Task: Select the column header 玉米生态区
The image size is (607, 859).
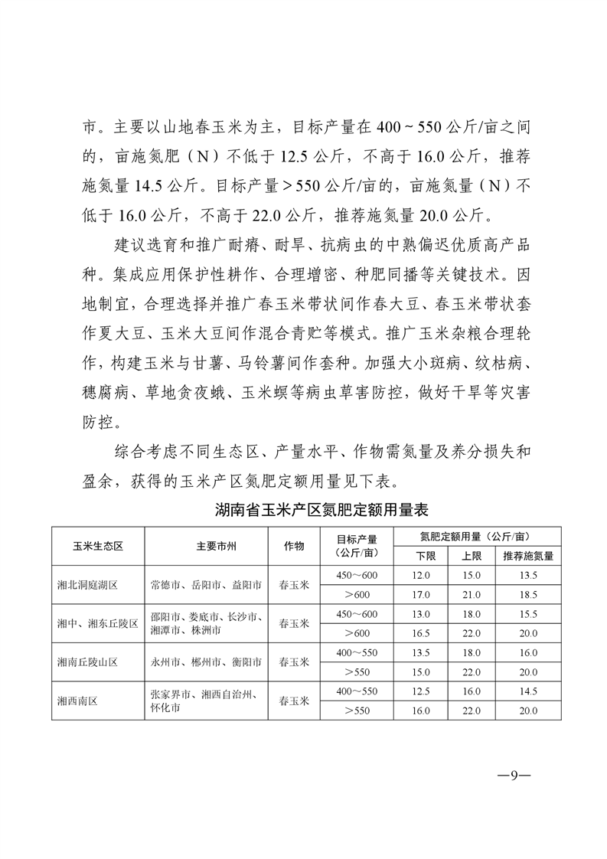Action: coord(98,546)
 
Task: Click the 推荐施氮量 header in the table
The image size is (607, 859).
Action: coord(527,556)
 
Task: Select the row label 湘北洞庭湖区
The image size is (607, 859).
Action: coord(87,585)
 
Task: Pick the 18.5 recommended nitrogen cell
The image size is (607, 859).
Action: coord(527,595)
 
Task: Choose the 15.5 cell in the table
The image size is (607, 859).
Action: coord(527,614)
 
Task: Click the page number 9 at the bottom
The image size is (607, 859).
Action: coord(514,774)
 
